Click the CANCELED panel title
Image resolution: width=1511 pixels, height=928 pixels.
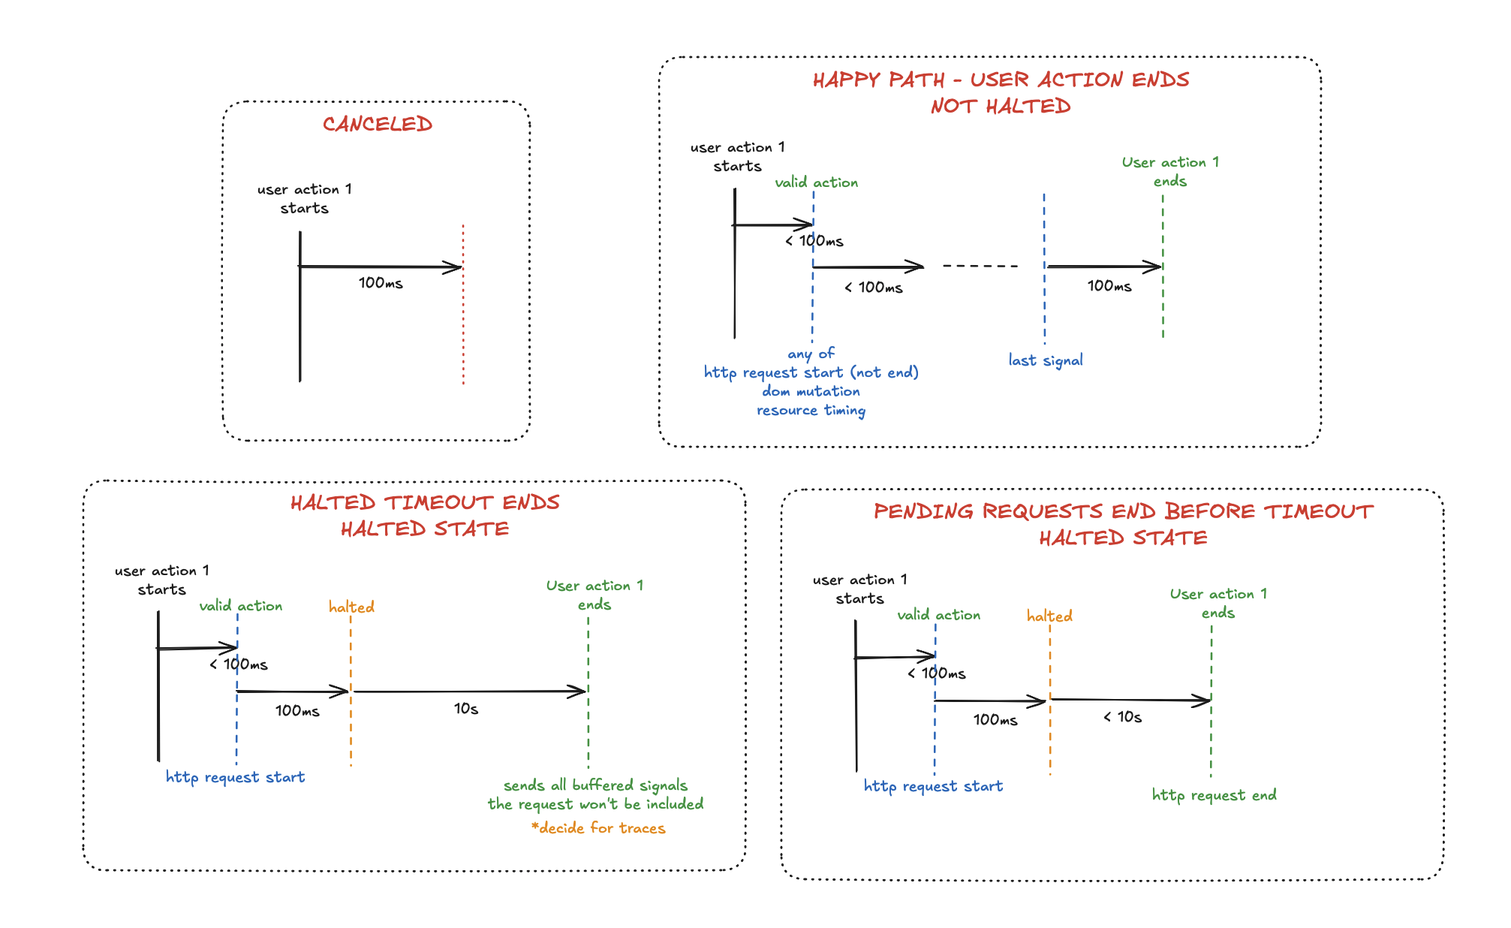378,124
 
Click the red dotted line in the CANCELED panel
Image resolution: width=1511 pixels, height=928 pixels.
463,315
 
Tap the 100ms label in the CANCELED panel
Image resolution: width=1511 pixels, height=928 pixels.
381,283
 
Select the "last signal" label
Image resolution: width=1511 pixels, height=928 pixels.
1046,360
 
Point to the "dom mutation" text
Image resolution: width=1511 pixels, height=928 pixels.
811,391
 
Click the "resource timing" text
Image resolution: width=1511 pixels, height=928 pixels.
811,410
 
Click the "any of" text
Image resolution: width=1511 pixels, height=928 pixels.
811,354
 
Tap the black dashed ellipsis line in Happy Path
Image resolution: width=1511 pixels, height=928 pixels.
980,266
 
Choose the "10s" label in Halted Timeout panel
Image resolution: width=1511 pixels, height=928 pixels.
466,709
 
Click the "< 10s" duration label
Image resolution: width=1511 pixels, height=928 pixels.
1123,717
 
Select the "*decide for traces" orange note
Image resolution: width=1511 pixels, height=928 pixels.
598,828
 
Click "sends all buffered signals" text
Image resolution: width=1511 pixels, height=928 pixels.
595,785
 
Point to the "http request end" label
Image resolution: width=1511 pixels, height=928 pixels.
1214,795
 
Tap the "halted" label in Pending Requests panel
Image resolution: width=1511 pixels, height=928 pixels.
1049,616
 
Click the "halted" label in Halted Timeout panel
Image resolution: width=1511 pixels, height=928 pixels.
351,607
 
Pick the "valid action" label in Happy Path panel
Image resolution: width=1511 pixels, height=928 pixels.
816,182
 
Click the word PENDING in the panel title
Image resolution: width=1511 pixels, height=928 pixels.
924,512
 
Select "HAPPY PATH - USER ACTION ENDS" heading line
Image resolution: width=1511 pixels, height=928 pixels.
1001,80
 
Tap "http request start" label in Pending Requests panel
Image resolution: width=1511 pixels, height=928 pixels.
933,786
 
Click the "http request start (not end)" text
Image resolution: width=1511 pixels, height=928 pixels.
811,372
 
